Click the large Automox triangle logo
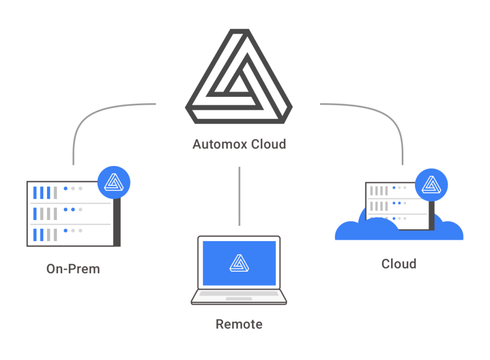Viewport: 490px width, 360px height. (239, 77)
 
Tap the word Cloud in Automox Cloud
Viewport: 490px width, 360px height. (268, 144)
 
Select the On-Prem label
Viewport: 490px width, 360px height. (73, 269)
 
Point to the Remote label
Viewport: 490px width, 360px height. (239, 324)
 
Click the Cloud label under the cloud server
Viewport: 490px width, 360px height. (399, 264)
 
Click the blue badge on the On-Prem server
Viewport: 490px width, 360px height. (114, 182)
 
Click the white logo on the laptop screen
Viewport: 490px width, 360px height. (239, 263)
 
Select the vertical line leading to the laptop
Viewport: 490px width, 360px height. (239, 196)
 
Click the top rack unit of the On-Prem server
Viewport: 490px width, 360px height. (69, 192)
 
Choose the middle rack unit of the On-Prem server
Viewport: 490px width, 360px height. (69, 213)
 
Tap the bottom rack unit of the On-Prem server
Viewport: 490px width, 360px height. (69, 234)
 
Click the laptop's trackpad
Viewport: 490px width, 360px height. (238, 299)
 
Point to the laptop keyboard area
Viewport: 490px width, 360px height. (238, 294)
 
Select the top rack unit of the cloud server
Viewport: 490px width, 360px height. (393, 191)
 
